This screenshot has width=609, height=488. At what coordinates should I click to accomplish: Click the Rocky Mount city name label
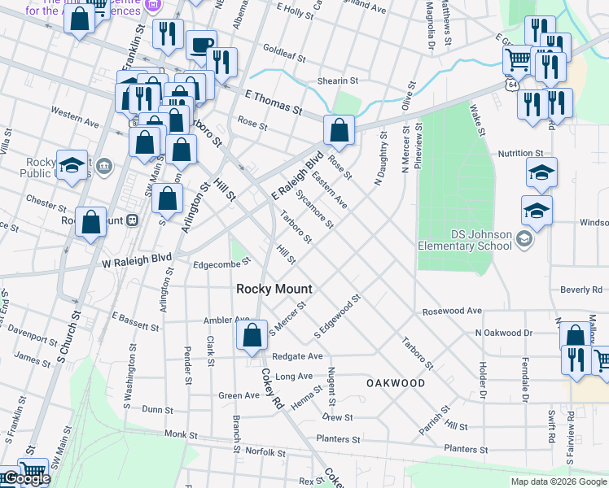pyautogui.click(x=274, y=289)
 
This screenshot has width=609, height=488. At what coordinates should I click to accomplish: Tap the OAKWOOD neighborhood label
pyautogui.click(x=396, y=382)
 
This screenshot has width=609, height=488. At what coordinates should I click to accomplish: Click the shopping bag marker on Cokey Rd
pyautogui.click(x=253, y=335)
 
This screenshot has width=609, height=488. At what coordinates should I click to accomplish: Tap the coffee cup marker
pyautogui.click(x=201, y=46)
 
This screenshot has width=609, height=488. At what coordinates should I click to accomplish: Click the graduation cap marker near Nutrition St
pyautogui.click(x=541, y=173)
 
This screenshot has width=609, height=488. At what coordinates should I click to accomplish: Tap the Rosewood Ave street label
pyautogui.click(x=452, y=311)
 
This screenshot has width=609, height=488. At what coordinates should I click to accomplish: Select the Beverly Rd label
pyautogui.click(x=580, y=290)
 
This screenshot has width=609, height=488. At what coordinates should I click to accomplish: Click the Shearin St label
pyautogui.click(x=338, y=81)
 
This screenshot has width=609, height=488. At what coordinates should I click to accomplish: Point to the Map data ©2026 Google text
pyautogui.click(x=559, y=481)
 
